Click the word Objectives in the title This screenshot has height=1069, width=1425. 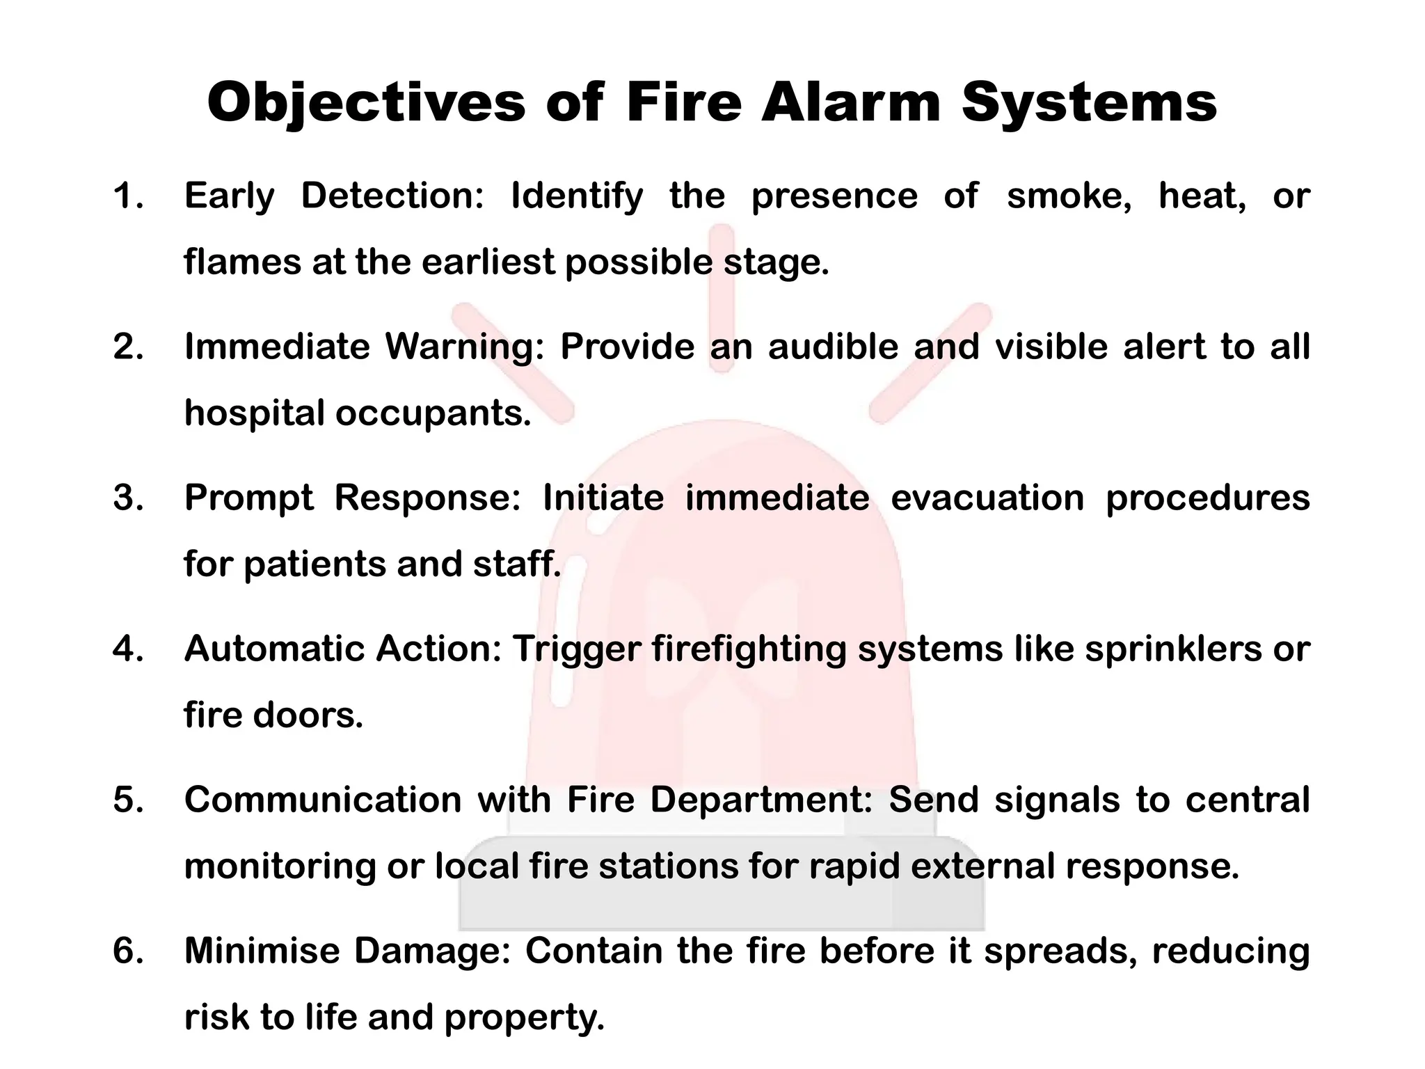(x=366, y=103)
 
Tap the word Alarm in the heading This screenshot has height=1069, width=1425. (x=850, y=103)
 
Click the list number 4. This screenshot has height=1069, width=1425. (x=128, y=649)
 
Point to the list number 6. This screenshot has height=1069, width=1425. (x=128, y=951)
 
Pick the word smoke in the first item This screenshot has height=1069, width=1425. (x=1069, y=196)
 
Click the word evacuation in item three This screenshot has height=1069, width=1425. (x=987, y=498)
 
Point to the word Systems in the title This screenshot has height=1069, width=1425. (x=1089, y=103)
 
